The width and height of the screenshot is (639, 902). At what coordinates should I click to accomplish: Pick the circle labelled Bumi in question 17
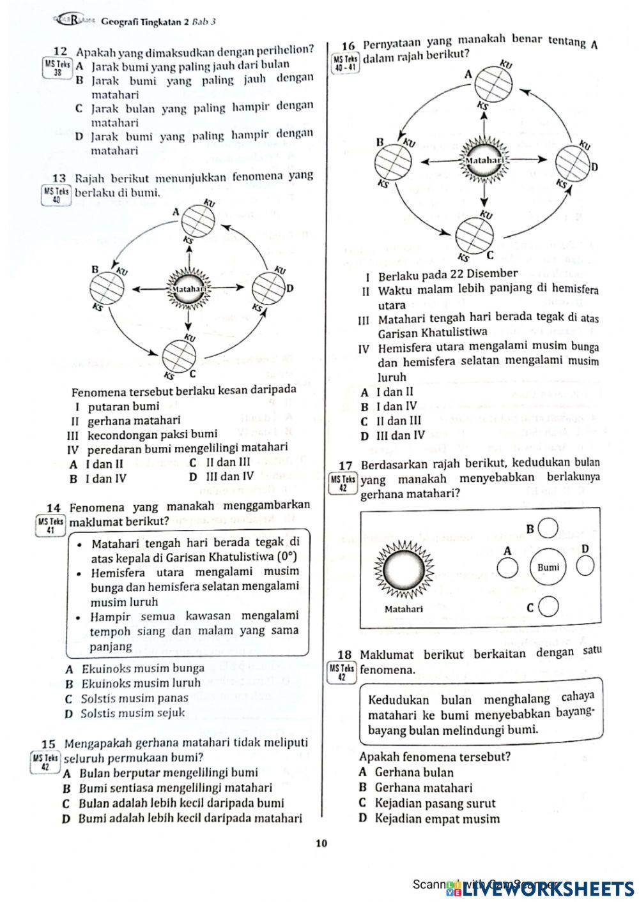(x=548, y=567)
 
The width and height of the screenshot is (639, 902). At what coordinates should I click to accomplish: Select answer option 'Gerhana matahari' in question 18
(x=423, y=788)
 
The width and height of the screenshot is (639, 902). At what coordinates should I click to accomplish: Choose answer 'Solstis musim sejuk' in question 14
(x=133, y=713)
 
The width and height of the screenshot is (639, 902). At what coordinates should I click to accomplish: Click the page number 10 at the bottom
(x=321, y=844)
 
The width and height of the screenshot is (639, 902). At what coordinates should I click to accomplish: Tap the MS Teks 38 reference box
(x=57, y=68)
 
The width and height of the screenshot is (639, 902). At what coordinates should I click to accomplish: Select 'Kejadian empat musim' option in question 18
(x=437, y=818)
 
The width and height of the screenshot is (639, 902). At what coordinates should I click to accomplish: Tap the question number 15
(x=49, y=744)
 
